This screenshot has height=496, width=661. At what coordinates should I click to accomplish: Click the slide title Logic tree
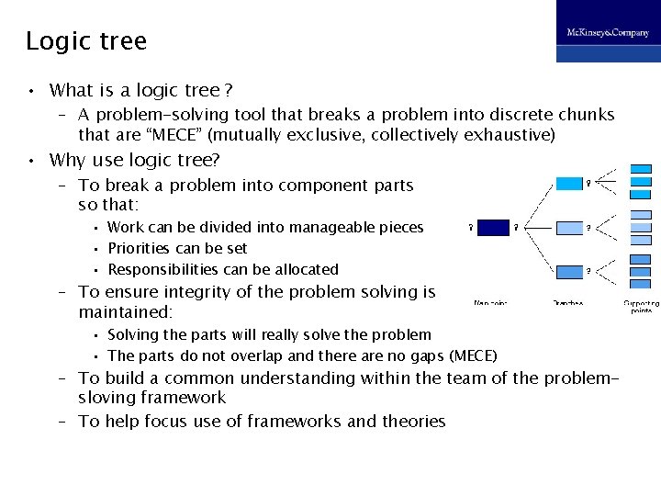85,41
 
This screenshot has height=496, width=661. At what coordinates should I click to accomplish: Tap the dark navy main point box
493,227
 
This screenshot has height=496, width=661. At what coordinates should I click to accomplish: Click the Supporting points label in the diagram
641,306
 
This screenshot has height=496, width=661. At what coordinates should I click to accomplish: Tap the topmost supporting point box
642,170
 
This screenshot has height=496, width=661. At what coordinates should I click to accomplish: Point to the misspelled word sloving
108,398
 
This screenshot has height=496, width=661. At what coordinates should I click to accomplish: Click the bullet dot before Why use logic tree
31,161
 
